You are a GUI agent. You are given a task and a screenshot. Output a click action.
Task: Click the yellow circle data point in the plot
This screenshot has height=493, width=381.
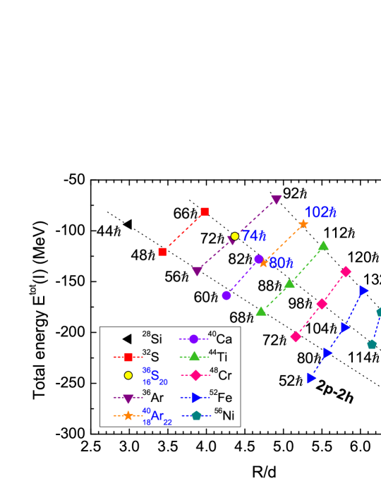coord(235,236)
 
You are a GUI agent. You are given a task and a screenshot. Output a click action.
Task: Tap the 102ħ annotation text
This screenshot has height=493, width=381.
coord(320,212)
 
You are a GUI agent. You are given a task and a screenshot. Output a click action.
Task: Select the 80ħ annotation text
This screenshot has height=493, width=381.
coord(281,263)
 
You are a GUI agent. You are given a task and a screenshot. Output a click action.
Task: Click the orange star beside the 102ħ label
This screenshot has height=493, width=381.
coord(303,224)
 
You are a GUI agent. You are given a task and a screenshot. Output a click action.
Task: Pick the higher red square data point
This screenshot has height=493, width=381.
coord(205,211)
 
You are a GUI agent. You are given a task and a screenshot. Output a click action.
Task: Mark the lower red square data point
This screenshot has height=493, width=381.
coord(163,252)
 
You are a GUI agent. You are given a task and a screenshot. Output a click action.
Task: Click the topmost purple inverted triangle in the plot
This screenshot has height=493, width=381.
coord(277,200)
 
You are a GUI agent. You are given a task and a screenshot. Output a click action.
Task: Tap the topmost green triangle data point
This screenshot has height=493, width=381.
coord(323,245)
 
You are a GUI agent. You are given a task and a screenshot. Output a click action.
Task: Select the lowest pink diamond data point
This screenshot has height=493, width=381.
coord(296,337)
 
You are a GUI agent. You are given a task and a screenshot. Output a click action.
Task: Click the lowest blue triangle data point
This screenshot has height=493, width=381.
coord(312,379)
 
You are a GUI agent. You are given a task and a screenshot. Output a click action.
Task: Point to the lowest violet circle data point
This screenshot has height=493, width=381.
coord(226,296)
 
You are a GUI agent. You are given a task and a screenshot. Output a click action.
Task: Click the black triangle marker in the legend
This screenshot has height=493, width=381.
coord(128,339)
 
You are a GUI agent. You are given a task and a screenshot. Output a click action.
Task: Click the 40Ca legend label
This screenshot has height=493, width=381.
coord(220,339)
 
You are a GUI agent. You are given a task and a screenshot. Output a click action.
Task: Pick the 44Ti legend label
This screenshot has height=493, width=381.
coord(219,358)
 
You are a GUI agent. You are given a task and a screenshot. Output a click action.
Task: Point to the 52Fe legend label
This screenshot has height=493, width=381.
coord(220,397)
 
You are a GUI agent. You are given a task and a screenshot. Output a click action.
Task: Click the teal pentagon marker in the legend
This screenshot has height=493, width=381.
coord(196,416)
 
